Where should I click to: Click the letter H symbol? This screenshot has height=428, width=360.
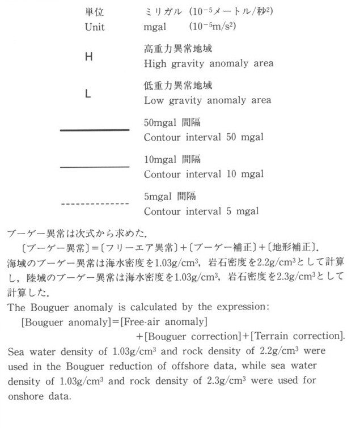(x=88, y=57)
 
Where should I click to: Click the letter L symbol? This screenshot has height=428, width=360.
(x=88, y=94)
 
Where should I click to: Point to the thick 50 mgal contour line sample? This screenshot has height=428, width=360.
(x=95, y=130)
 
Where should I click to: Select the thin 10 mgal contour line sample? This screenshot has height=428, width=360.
(x=95, y=167)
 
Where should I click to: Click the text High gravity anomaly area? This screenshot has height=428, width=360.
(x=209, y=63)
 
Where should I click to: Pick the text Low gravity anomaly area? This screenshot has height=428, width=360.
(x=207, y=100)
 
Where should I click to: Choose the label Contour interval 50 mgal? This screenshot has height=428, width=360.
(x=204, y=137)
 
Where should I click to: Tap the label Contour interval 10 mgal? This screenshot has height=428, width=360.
(x=204, y=173)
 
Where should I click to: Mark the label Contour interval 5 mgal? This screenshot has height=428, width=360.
(x=201, y=211)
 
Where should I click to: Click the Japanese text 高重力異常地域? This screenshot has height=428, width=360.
(x=178, y=49)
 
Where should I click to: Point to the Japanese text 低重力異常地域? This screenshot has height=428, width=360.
(x=178, y=86)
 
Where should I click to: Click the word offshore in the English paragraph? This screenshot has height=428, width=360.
(x=207, y=366)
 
